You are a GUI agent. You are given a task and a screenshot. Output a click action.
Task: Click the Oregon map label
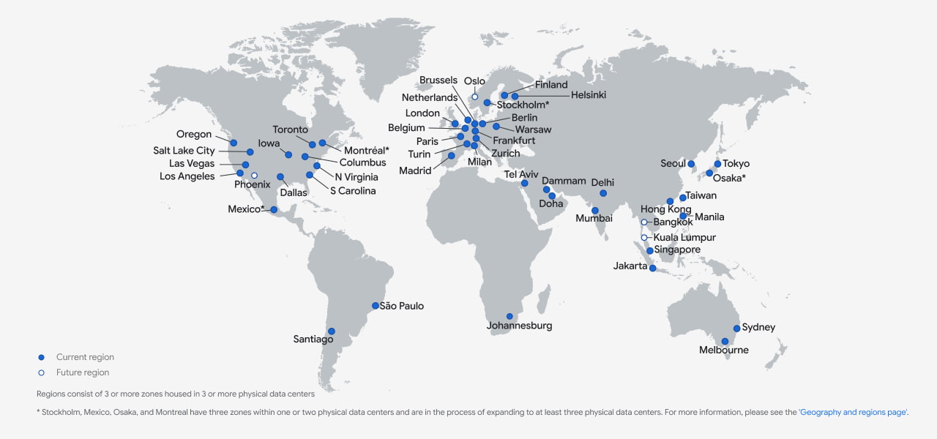point(194,135)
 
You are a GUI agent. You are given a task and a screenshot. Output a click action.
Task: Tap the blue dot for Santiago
point(332,331)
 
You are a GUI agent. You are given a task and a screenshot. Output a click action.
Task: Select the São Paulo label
point(402,306)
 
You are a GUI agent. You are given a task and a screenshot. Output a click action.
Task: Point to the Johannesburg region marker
point(509,316)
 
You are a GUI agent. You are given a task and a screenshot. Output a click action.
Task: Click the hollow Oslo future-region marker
point(474,97)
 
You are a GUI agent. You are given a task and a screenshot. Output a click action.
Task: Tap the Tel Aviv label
point(522,174)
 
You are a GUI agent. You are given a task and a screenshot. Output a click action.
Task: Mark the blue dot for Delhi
point(603,193)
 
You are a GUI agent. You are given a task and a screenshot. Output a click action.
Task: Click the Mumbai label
point(594,218)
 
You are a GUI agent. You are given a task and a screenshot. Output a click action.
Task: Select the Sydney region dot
point(737,329)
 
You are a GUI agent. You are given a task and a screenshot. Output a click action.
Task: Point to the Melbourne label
point(724,350)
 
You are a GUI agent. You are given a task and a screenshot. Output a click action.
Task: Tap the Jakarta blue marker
point(652,268)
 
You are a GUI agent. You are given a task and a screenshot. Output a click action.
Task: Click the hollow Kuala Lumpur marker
point(644,238)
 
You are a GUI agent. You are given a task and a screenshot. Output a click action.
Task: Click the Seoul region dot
point(691,164)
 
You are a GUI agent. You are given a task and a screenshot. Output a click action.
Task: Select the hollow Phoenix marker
point(254,176)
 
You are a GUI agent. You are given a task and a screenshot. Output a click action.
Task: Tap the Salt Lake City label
point(184,151)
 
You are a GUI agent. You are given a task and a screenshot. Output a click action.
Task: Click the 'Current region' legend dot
point(42,357)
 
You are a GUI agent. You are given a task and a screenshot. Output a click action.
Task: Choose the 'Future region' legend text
point(83,372)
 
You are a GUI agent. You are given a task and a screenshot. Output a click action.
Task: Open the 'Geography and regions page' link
point(854,413)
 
